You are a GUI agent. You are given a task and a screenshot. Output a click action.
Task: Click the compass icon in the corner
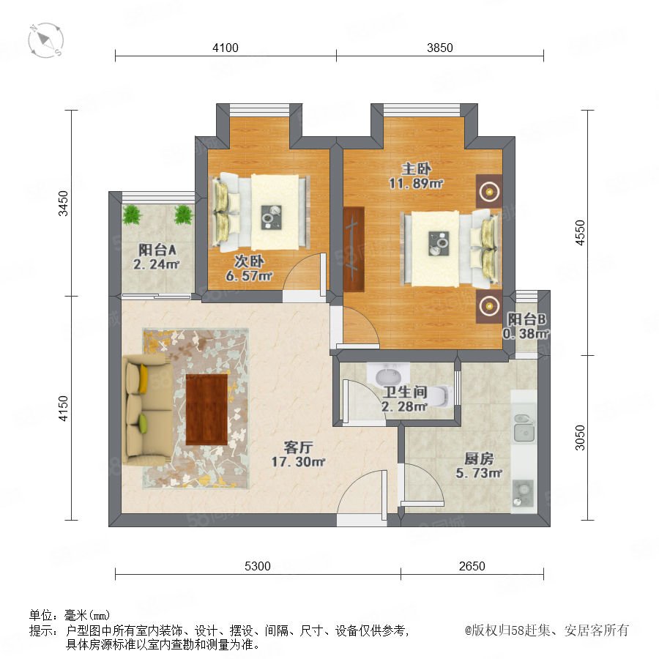click(x=46, y=40)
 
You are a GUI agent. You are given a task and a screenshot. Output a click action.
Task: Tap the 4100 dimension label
click(x=226, y=48)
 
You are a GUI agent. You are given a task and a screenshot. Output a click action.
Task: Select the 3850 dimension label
click(x=439, y=48)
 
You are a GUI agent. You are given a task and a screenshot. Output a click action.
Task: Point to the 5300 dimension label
click(x=257, y=566)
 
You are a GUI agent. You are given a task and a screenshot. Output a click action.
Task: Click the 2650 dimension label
click(x=472, y=566)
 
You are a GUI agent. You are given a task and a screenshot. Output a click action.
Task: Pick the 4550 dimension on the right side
click(x=580, y=233)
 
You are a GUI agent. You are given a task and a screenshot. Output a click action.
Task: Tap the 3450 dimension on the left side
click(x=63, y=204)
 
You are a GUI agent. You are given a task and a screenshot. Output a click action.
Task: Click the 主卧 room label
click(x=416, y=169)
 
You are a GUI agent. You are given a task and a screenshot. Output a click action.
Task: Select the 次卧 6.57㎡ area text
click(x=249, y=276)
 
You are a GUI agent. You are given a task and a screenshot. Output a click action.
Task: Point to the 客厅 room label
click(x=298, y=447)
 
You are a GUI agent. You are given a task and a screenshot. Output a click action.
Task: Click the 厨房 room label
click(x=479, y=458)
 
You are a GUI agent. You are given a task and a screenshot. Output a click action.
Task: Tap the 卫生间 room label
click(x=405, y=392)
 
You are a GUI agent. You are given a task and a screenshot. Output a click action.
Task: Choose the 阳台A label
click(x=157, y=250)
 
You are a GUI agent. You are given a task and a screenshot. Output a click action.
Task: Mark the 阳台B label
click(x=526, y=319)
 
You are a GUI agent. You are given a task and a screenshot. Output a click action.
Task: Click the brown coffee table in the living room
click(x=206, y=409)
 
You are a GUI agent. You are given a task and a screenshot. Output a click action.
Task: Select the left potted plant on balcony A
click(x=133, y=215)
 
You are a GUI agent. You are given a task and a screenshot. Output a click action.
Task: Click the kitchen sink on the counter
click(x=524, y=428)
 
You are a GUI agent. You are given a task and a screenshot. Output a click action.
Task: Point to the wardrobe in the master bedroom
click(x=354, y=248)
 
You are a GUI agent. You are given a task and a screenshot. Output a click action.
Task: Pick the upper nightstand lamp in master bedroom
click(x=489, y=192)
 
